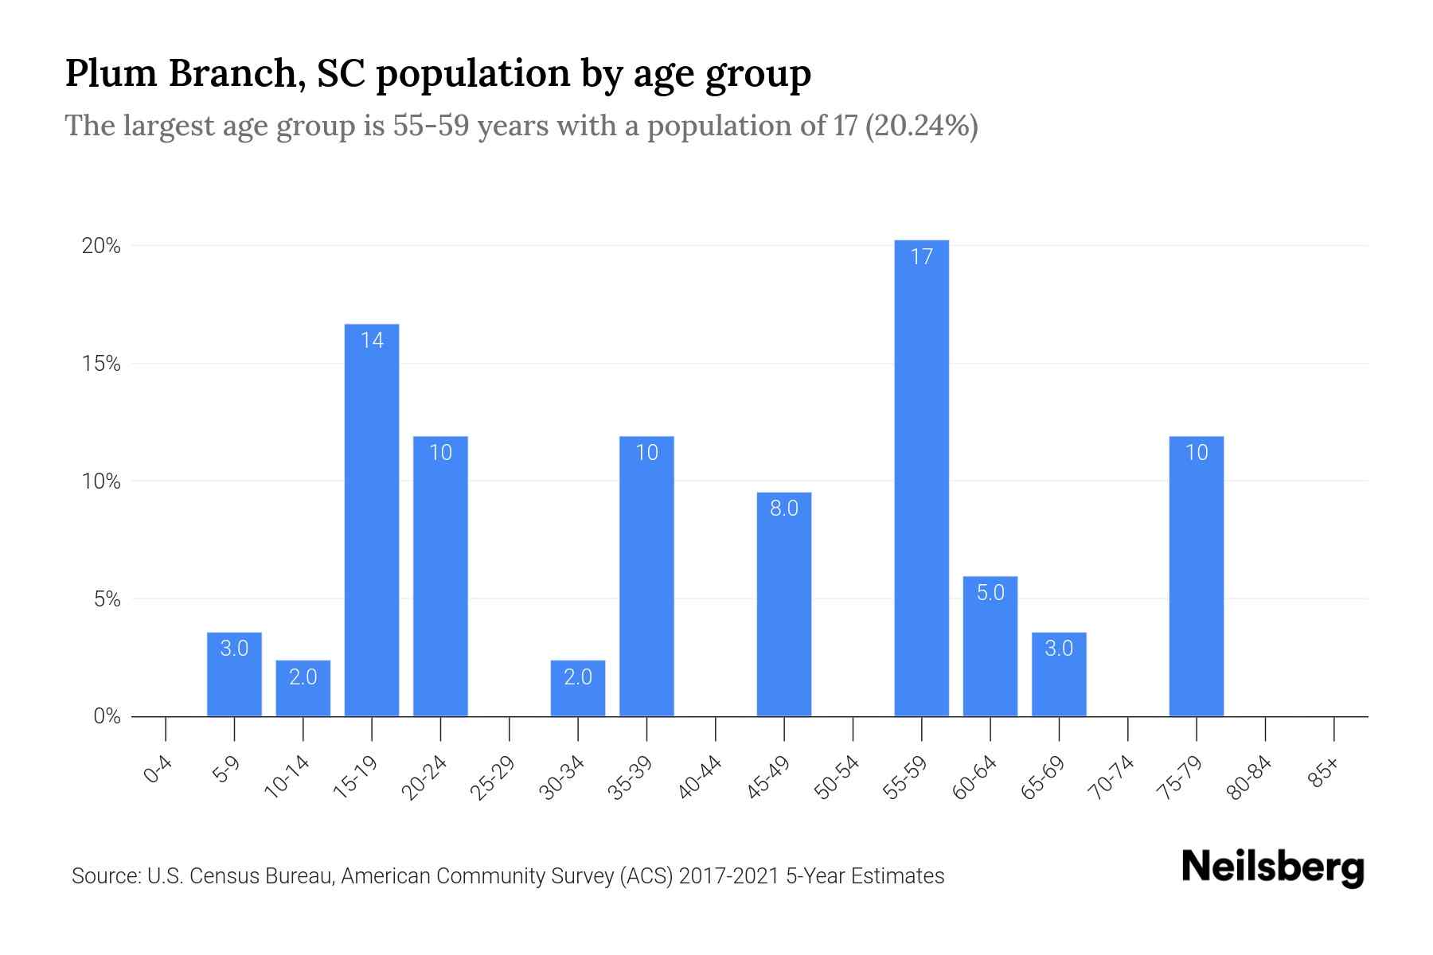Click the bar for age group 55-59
tap(921, 477)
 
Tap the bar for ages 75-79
tap(1196, 576)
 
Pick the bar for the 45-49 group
tap(783, 604)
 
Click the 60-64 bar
tap(990, 646)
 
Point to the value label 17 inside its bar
tap(921, 257)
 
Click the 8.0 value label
tap(783, 509)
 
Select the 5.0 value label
tap(990, 593)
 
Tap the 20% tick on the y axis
tap(101, 246)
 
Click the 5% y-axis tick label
tap(107, 599)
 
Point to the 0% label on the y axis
tap(107, 716)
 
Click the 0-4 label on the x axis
tap(158, 770)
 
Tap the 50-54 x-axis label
tap(838, 777)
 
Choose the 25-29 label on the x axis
tap(494, 777)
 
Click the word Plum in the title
tap(111, 74)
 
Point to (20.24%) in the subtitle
tap(921, 126)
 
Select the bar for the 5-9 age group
tap(234, 674)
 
